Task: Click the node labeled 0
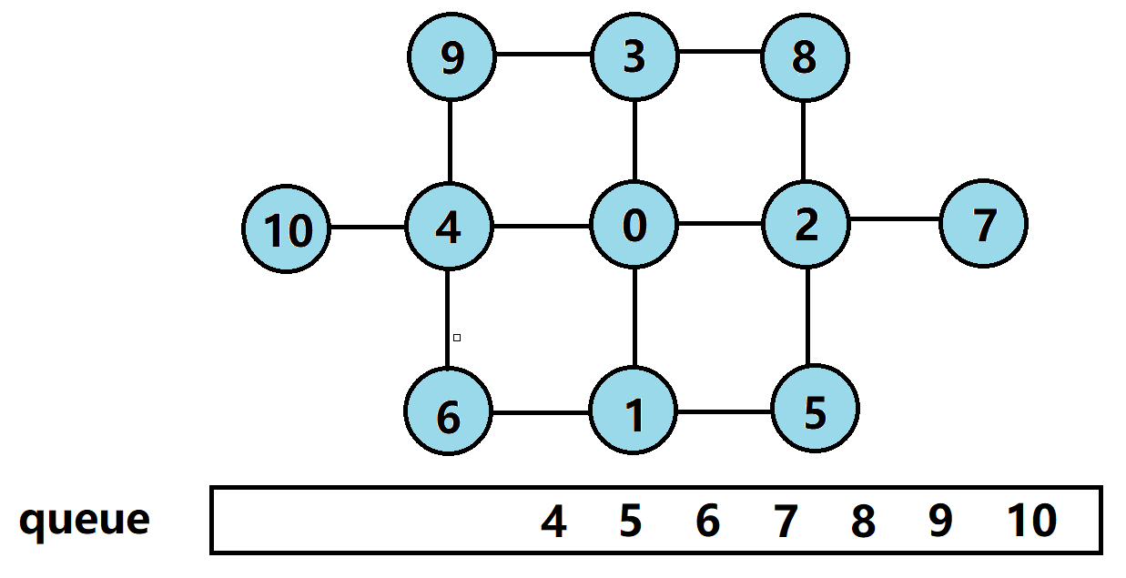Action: pos(634,226)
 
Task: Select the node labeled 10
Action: pos(288,228)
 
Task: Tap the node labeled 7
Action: pos(983,224)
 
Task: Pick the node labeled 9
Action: pos(451,57)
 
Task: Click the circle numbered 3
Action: pos(634,56)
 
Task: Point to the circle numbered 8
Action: pos(805,57)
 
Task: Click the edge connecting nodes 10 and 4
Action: pos(368,227)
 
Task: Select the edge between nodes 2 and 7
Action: pos(894,219)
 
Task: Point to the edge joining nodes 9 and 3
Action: pos(543,54)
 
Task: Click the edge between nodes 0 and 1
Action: pos(634,319)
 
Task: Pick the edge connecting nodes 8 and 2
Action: pos(804,141)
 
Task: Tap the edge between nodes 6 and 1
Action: pos(541,412)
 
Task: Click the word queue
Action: pos(84,521)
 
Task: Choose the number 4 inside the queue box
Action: pos(553,522)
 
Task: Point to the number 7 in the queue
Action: pos(785,522)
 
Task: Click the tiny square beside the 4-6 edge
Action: pos(457,338)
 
